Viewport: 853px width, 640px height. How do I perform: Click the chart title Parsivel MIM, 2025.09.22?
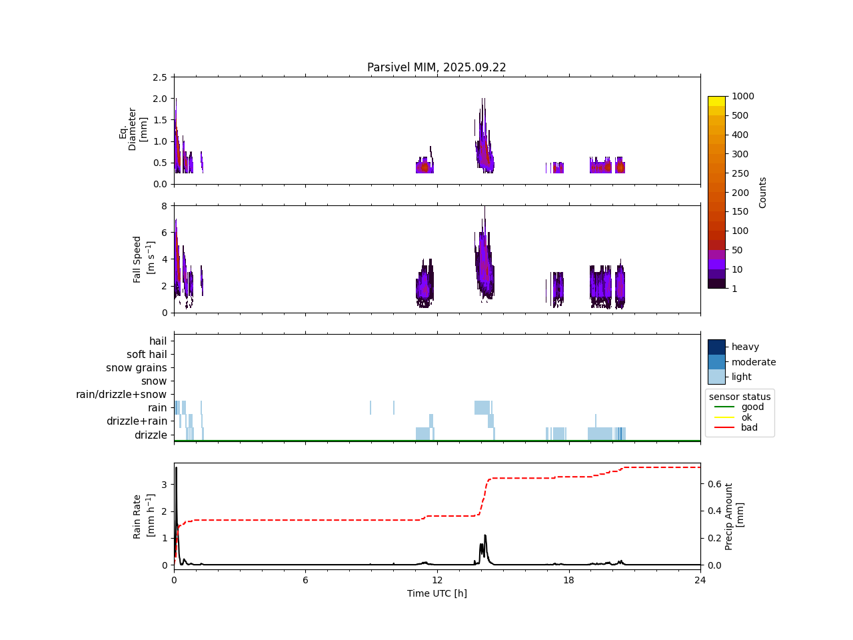point(436,67)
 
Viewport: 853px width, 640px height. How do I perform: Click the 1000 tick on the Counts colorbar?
point(742,97)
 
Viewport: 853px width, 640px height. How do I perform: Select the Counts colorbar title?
point(763,192)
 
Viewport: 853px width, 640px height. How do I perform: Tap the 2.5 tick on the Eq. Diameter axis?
point(160,77)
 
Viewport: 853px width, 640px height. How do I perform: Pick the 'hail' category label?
point(158,341)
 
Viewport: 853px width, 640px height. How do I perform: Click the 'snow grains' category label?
point(137,368)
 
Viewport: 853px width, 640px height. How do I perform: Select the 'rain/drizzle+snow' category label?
point(121,395)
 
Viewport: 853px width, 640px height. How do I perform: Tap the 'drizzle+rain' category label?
point(137,421)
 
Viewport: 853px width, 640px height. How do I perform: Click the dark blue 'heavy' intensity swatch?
point(716,347)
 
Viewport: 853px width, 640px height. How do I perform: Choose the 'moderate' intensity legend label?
point(754,362)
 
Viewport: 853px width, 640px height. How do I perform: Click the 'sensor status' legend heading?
point(740,397)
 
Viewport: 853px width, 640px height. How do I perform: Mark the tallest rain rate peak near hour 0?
point(176,468)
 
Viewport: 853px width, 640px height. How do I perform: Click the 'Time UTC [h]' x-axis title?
point(436,593)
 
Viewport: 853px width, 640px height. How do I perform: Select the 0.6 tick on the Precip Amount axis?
point(714,484)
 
